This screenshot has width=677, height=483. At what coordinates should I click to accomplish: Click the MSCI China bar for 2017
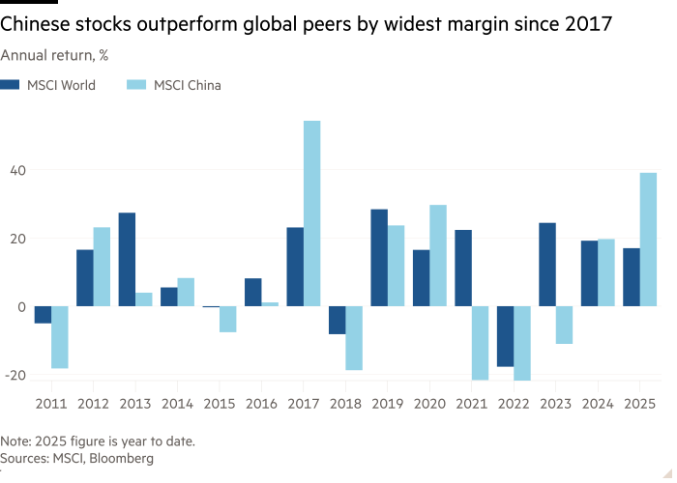pos(311,213)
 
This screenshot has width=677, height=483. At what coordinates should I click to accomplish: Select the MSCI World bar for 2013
pos(127,259)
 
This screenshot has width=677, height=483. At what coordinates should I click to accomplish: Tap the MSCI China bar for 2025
pos(648,239)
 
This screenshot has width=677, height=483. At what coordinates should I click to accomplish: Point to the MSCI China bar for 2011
pos(60,337)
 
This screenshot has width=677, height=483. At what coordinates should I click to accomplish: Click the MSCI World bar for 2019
pos(379,257)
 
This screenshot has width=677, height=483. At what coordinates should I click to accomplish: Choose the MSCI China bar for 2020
pos(438,255)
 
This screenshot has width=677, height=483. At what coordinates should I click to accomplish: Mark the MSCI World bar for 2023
pos(546,264)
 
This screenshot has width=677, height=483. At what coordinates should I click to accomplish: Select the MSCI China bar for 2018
pos(353,338)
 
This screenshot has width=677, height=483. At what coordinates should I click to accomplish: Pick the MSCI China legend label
pos(188,85)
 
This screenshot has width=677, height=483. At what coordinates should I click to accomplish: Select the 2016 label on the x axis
pos(261,400)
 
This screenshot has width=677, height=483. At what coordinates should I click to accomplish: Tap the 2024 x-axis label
pos(597,400)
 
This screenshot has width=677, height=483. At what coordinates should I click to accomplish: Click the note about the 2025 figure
pos(98,441)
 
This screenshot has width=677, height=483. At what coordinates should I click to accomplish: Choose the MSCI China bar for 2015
pos(227,319)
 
